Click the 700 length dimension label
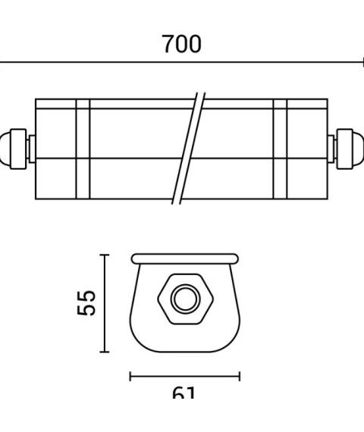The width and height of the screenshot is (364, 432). click(182, 44)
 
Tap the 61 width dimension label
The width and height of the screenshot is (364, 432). click(184, 394)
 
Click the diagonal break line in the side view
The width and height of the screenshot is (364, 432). click(189, 148)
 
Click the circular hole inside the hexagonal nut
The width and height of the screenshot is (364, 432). click(183, 299)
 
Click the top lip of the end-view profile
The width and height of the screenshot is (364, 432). click(184, 258)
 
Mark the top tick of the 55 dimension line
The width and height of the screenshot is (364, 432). click(105, 255)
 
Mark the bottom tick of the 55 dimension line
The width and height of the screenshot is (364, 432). click(105, 352)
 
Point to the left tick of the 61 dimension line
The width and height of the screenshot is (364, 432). click(130, 375)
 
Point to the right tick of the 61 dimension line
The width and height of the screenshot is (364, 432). click(240, 375)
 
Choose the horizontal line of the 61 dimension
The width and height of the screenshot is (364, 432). click(184, 375)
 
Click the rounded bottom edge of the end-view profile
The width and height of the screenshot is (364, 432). click(184, 350)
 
